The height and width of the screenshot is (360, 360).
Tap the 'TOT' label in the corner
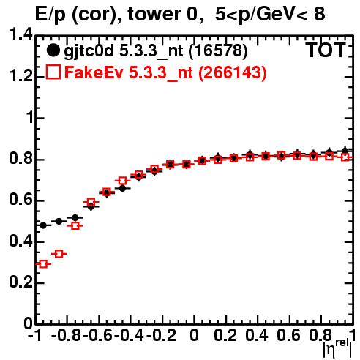(326, 50)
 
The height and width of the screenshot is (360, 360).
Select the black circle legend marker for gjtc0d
(53, 50)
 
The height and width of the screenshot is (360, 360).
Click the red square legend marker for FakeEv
(53, 72)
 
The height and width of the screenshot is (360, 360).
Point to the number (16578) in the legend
(218, 51)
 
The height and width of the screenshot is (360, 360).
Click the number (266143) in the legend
(233, 72)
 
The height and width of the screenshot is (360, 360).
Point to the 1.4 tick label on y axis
(20, 34)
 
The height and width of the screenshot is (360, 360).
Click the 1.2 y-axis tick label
(20, 76)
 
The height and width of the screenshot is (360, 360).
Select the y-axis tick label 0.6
(20, 200)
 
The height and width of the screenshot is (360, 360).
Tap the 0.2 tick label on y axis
(20, 282)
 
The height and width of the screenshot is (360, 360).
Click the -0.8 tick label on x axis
(66, 335)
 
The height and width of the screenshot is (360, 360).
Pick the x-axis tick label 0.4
(257, 335)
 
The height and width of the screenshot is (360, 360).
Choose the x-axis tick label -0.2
(161, 335)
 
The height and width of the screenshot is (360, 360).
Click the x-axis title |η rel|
(338, 348)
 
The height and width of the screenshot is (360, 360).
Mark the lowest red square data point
(43, 264)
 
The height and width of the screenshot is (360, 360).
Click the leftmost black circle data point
(43, 225)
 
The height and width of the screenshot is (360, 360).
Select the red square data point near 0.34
(59, 254)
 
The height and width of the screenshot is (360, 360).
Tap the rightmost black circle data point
(345, 151)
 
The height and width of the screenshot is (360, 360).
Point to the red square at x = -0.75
(75, 226)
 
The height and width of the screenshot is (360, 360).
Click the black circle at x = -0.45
(122, 188)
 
